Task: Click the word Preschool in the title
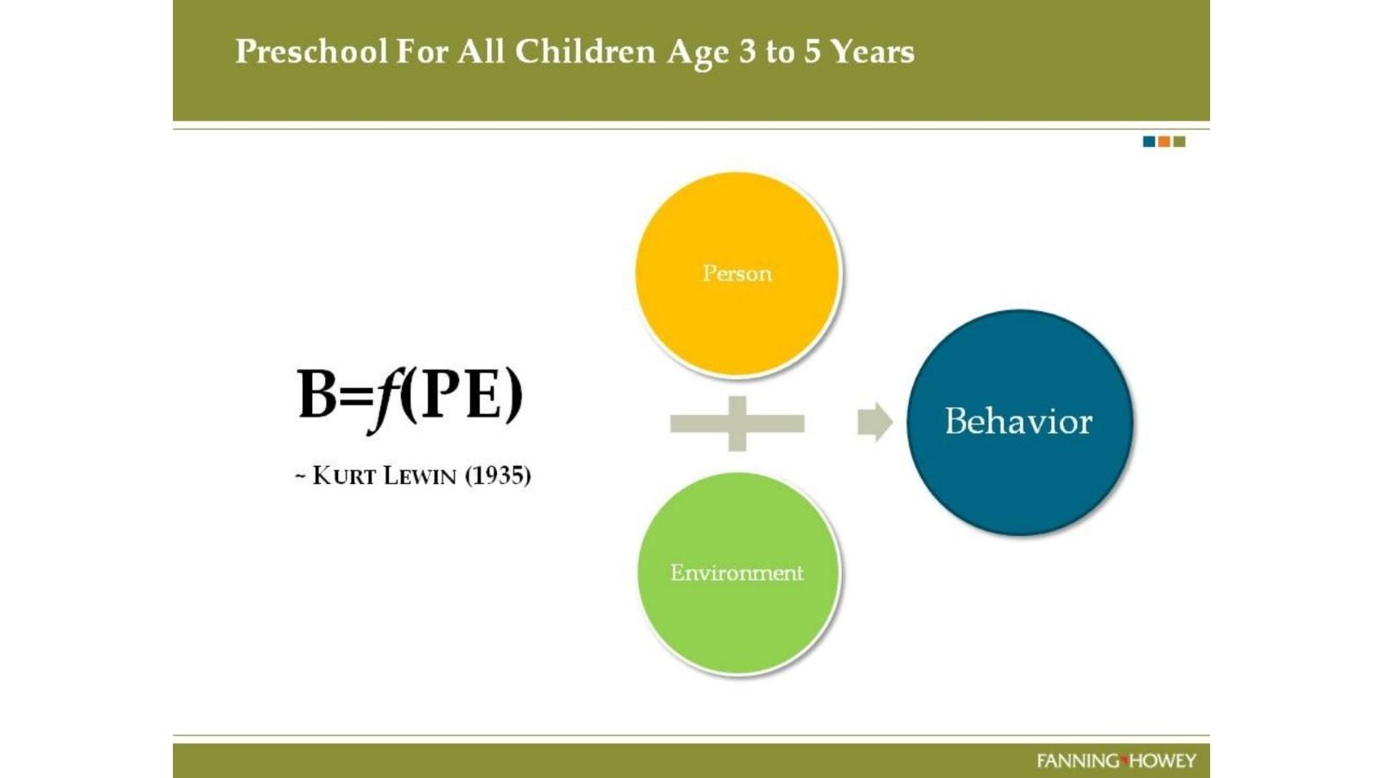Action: (x=312, y=52)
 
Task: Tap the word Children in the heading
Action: (x=584, y=51)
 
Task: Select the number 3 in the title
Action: (x=747, y=51)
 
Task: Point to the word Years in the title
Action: (x=872, y=51)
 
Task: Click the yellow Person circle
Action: (x=738, y=273)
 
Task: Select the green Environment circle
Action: (x=738, y=572)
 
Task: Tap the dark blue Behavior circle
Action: (x=1019, y=423)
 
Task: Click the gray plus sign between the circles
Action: (x=737, y=424)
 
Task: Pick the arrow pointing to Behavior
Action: (x=875, y=423)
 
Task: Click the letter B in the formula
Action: (x=318, y=394)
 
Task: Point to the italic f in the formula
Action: (x=384, y=399)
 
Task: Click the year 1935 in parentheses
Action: (x=498, y=475)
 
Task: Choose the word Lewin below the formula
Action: (x=420, y=476)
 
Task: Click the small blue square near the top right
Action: (x=1149, y=142)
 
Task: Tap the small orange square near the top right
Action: (x=1163, y=142)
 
